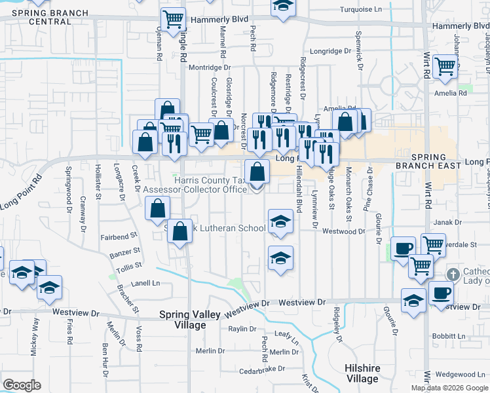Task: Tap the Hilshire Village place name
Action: coord(362,373)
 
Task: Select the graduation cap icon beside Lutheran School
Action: coord(280,222)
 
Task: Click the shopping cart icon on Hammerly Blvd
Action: coord(173,19)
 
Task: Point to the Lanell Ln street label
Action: coord(146,284)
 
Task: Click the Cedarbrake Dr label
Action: coord(262,369)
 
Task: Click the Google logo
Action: coord(22,385)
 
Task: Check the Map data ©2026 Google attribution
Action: coord(449,388)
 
